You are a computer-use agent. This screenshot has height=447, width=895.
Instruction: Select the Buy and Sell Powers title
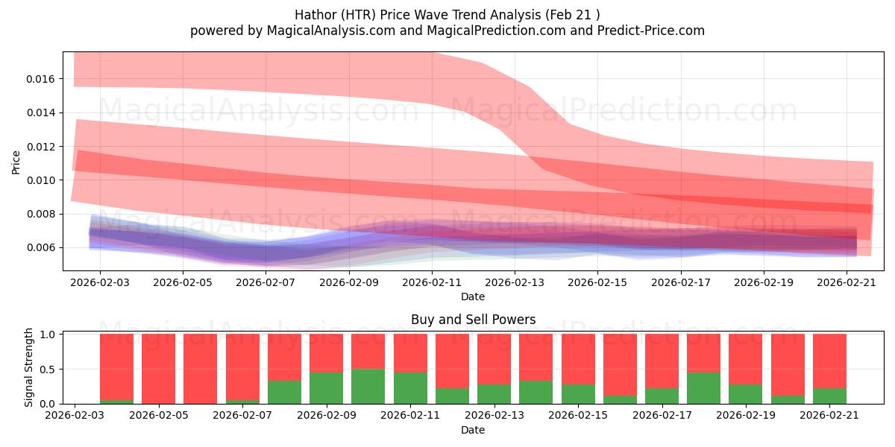click(473, 320)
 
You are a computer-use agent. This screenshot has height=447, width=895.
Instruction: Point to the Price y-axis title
click(16, 162)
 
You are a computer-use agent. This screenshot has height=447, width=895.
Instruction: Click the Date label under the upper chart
click(473, 297)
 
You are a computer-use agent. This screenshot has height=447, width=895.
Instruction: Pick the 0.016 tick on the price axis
click(42, 79)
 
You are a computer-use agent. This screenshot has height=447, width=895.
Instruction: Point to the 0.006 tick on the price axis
click(42, 247)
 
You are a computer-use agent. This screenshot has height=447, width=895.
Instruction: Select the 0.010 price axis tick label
click(42, 180)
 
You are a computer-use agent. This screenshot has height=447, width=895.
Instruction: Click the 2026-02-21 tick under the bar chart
click(848, 415)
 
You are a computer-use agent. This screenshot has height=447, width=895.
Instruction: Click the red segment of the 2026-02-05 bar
click(158, 368)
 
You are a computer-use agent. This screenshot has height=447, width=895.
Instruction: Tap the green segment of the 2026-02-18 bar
click(704, 388)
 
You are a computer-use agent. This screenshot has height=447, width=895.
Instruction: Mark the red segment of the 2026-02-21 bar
click(829, 361)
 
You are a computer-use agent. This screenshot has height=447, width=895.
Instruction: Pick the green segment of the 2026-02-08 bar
click(284, 392)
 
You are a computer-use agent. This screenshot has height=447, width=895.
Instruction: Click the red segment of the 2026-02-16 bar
click(620, 364)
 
